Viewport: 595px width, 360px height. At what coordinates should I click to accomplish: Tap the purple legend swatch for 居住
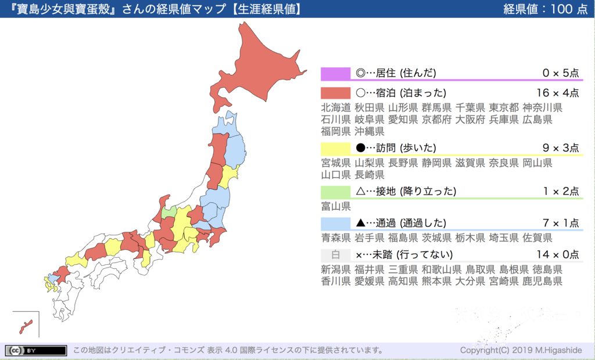click(x=335, y=73)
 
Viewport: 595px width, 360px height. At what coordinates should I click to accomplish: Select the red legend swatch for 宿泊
click(x=335, y=93)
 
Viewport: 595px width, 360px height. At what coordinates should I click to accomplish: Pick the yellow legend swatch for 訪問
click(x=335, y=148)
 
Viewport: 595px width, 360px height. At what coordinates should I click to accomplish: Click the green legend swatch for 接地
click(x=335, y=192)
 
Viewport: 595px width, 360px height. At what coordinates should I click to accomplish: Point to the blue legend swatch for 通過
click(x=335, y=223)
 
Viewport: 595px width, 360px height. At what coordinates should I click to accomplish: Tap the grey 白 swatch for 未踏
click(x=335, y=255)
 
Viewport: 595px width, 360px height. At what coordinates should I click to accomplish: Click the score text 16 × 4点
click(x=558, y=93)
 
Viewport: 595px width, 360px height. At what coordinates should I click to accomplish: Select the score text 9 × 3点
click(x=560, y=148)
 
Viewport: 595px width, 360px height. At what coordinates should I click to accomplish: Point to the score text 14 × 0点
click(x=558, y=255)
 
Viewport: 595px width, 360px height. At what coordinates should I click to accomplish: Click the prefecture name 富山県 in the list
click(x=336, y=206)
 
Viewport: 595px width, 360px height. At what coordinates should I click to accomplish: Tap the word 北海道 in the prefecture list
click(x=336, y=107)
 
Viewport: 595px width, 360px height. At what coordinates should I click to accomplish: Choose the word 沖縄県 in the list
click(x=370, y=131)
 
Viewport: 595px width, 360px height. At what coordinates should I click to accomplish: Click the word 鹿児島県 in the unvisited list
click(x=543, y=281)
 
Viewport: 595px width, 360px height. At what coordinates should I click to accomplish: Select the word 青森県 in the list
click(x=336, y=237)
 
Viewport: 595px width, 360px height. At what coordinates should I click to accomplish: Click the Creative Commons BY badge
click(x=35, y=350)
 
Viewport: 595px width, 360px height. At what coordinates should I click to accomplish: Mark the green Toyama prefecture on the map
click(x=169, y=213)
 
